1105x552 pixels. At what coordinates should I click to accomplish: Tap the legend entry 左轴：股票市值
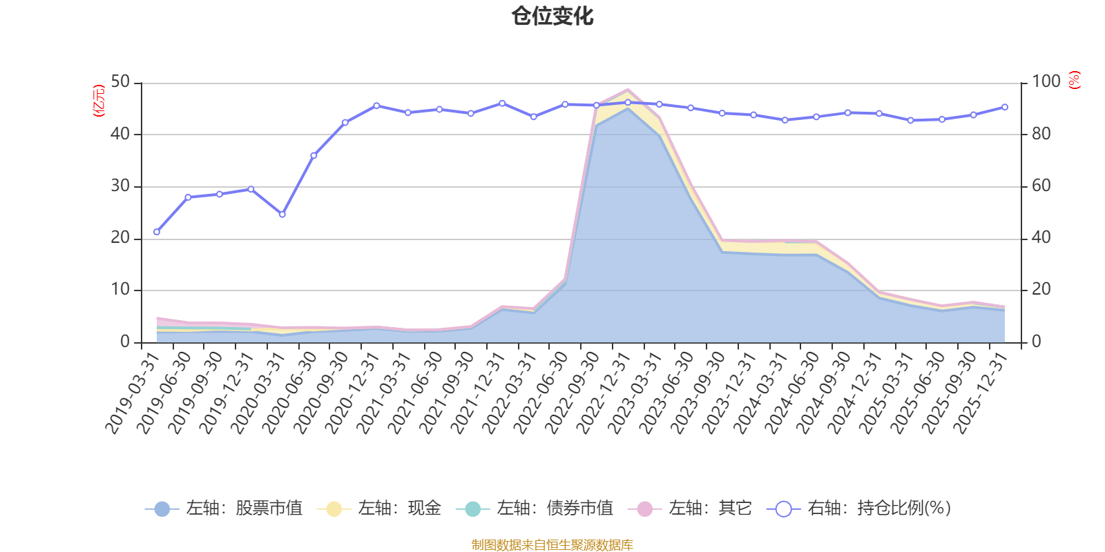[x=225, y=509]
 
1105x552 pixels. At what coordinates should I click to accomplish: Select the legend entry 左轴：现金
[x=379, y=509]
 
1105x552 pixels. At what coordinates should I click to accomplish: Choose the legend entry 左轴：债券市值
[x=535, y=509]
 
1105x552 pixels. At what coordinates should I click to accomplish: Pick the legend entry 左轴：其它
[x=690, y=509]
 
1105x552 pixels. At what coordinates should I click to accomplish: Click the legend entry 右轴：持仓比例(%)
[x=859, y=509]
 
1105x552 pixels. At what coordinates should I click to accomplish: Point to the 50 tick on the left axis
[x=120, y=82]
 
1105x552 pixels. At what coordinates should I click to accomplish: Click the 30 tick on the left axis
[x=120, y=186]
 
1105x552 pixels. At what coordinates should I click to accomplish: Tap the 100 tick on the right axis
[x=1046, y=82]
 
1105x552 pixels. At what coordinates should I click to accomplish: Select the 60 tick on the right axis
[x=1041, y=186]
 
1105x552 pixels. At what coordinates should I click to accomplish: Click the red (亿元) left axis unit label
[x=99, y=101]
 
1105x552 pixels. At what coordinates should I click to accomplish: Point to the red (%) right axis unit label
[x=1075, y=80]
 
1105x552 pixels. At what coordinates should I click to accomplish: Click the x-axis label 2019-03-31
[x=133, y=392]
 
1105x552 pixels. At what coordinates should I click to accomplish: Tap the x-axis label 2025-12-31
[x=981, y=392]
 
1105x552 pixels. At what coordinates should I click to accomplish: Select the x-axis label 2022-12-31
[x=604, y=392]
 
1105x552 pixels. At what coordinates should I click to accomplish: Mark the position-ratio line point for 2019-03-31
[x=157, y=232]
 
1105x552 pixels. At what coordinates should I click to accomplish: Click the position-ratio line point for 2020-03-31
[x=282, y=215]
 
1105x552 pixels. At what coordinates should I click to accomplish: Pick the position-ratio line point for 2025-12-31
[x=1004, y=107]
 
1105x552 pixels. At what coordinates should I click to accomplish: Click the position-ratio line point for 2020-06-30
[x=314, y=155]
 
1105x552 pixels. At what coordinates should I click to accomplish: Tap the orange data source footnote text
[x=552, y=545]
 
